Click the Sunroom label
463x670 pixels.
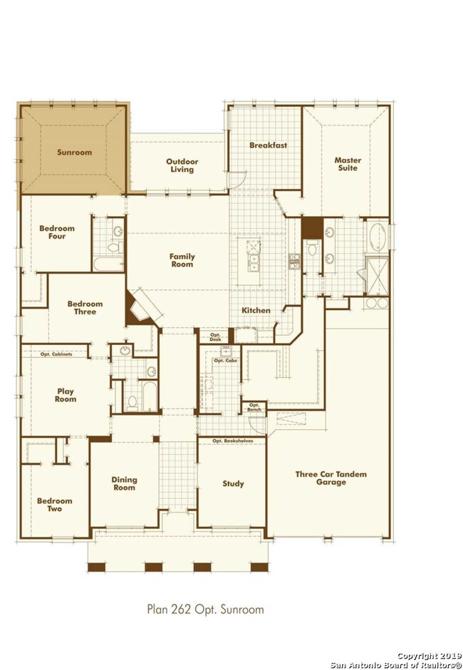74,152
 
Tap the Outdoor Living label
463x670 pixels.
182,165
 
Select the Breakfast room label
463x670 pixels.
269,145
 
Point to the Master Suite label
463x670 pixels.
348,164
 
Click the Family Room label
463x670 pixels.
182,260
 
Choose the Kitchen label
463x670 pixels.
256,310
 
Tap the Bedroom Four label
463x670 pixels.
57,232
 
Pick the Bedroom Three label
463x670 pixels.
85,308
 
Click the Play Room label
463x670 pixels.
66,396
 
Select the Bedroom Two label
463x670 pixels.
55,505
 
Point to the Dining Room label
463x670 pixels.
124,483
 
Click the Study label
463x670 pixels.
233,484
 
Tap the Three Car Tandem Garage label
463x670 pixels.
331,478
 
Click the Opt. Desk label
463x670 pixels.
215,337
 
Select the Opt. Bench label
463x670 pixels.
254,407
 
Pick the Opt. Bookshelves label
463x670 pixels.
233,441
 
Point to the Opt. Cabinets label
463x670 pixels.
56,354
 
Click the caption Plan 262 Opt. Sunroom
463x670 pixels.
205,609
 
